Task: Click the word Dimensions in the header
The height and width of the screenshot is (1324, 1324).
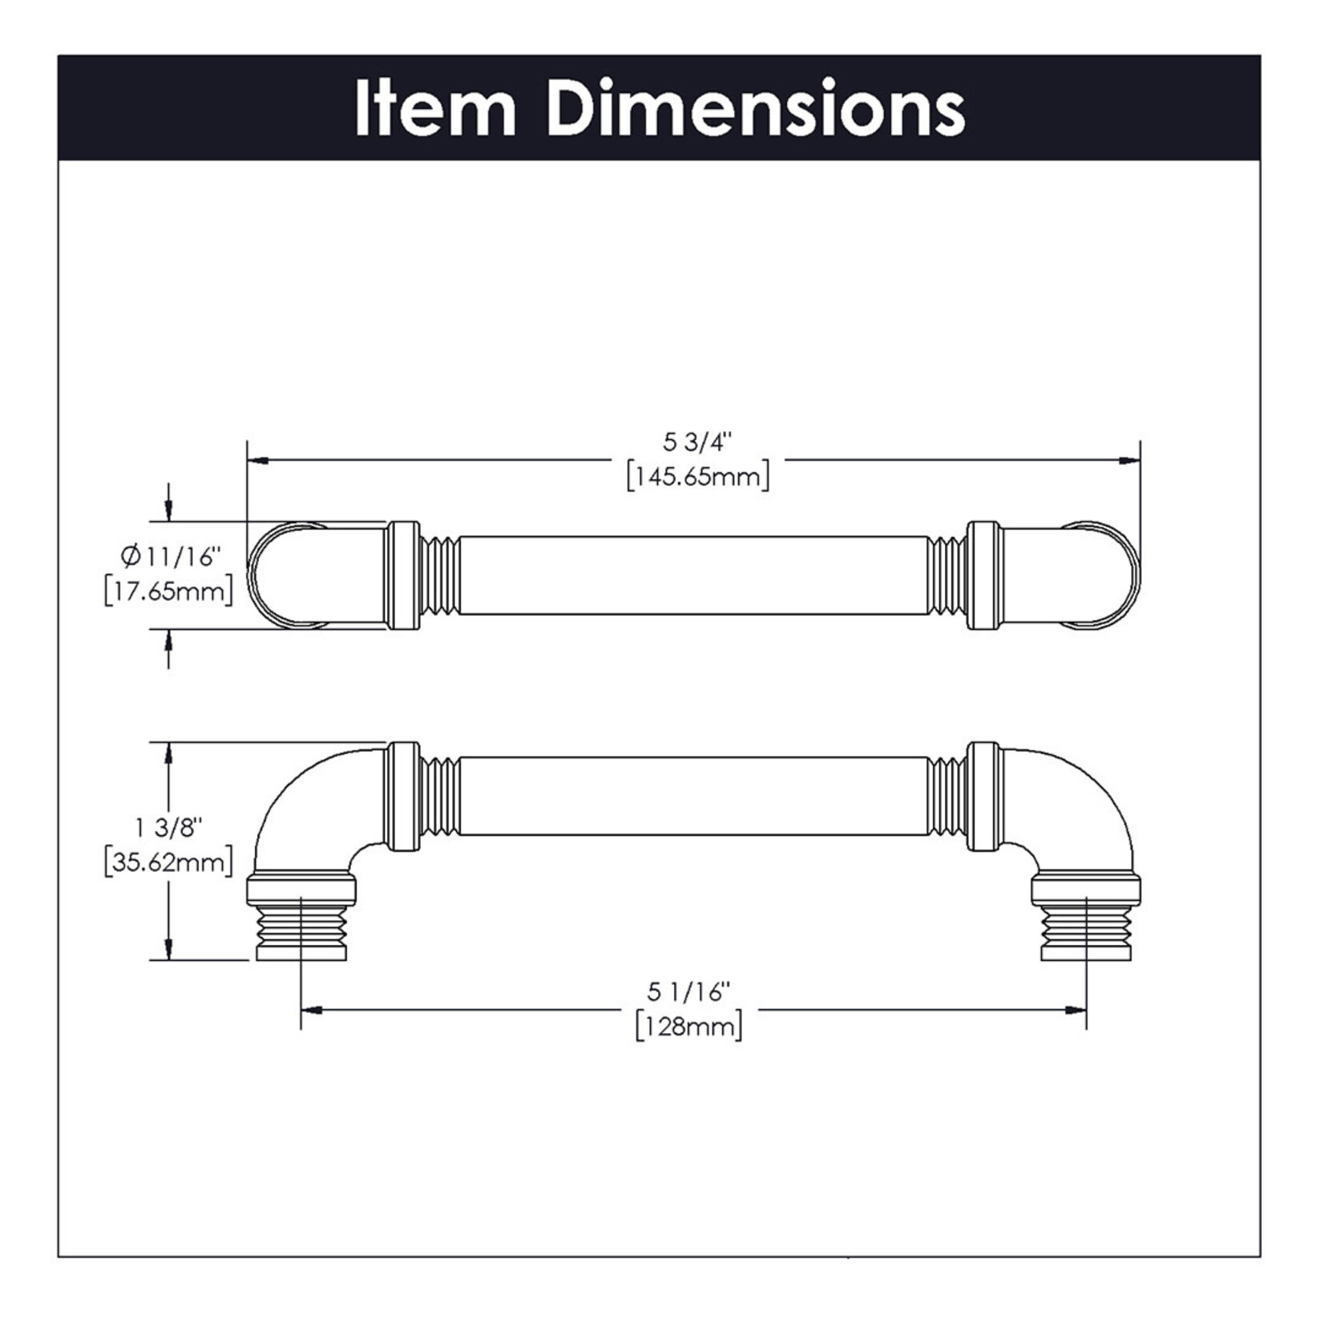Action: pyautogui.click(x=757, y=109)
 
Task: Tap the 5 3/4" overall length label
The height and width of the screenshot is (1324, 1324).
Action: pyautogui.click(x=697, y=442)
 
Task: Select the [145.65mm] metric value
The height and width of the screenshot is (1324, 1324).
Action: pyautogui.click(x=698, y=478)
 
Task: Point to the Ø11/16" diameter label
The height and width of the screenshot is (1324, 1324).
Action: pyautogui.click(x=169, y=555)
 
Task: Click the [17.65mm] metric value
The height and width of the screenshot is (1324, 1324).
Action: pyautogui.click(x=169, y=591)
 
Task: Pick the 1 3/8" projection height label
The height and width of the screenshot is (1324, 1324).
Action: pyautogui.click(x=169, y=826)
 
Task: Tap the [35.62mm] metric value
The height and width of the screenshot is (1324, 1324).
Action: pyautogui.click(x=169, y=862)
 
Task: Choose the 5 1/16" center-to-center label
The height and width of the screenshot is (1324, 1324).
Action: pyautogui.click(x=689, y=991)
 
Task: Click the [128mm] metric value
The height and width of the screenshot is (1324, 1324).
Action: pyautogui.click(x=689, y=1027)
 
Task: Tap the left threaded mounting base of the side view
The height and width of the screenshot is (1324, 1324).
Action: pyautogui.click(x=301, y=930)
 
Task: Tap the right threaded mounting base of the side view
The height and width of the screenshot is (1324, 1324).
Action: pyautogui.click(x=1086, y=930)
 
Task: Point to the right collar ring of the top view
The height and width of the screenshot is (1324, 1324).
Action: pyautogui.click(x=984, y=575)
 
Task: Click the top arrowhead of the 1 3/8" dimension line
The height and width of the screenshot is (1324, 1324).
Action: pyautogui.click(x=168, y=752)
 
